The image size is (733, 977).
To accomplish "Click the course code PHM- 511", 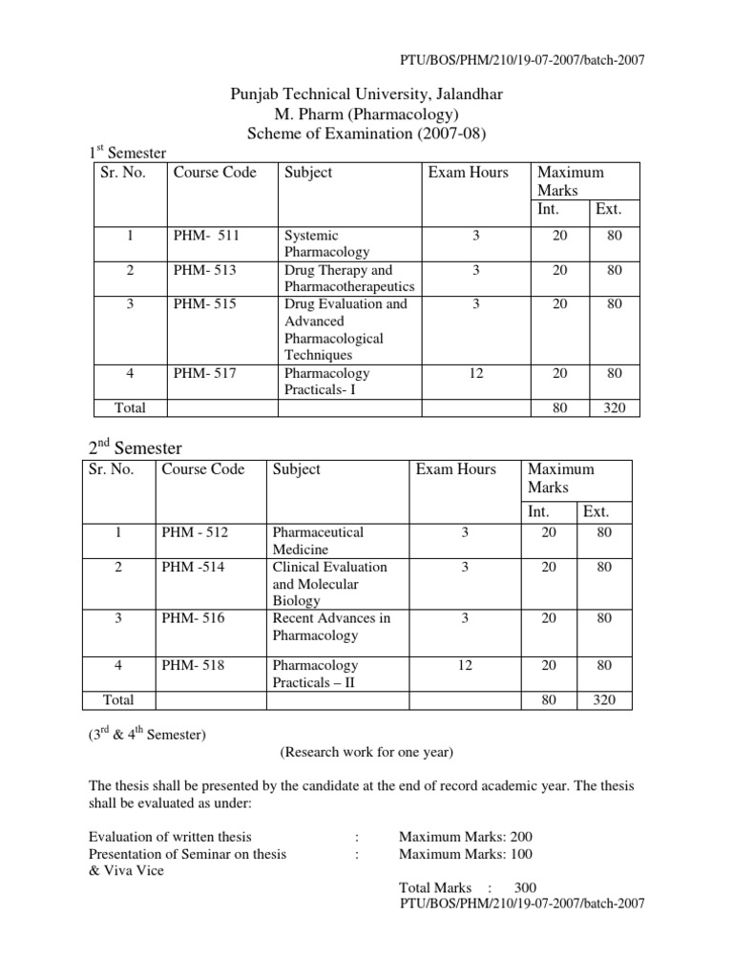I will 204,235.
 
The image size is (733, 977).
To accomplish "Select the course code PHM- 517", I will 204,373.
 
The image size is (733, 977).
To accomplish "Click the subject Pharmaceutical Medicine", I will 317,541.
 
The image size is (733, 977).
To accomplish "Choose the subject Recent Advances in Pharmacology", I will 331,627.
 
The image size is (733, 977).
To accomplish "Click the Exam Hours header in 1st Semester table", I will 469,173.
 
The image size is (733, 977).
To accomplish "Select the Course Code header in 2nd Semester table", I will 203,468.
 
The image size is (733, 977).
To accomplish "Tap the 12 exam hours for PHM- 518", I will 464,665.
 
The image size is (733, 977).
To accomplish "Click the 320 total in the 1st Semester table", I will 614,407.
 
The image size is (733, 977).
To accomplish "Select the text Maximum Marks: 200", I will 466,837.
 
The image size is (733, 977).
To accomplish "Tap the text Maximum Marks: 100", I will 466,854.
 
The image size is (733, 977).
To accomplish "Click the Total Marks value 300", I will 525,886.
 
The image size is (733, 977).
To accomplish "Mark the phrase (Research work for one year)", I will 366,752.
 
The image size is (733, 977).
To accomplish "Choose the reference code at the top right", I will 521,60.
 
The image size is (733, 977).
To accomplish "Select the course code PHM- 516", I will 194,618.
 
